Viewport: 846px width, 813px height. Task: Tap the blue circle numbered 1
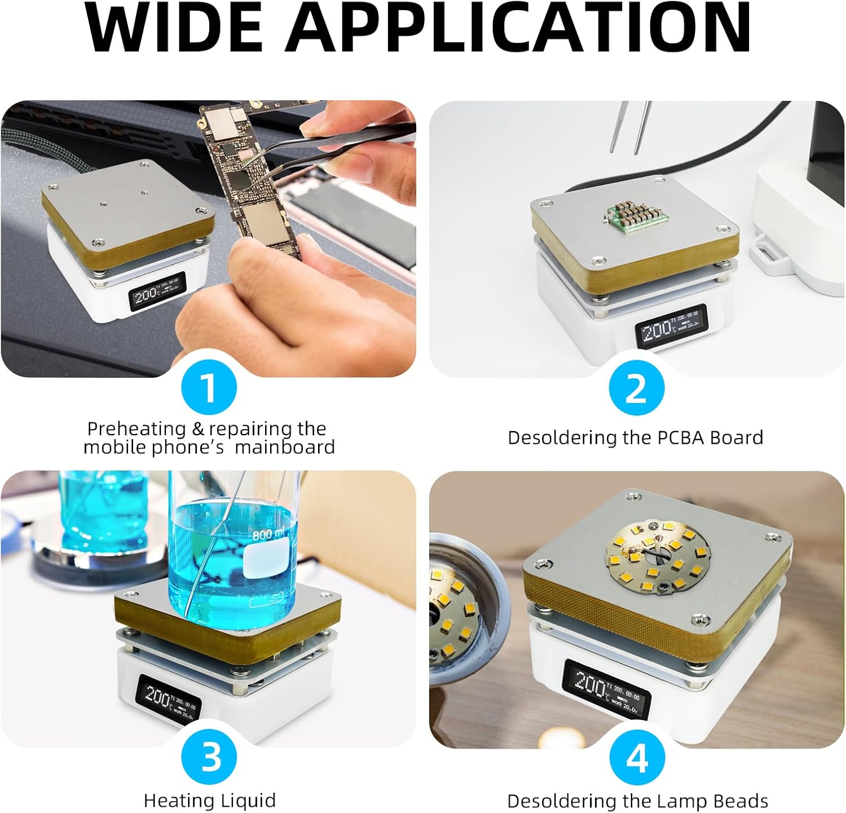(x=209, y=387)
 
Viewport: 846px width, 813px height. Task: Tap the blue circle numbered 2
(x=637, y=387)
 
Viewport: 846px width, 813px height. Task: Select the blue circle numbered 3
(x=210, y=757)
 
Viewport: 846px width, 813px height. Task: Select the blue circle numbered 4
(x=637, y=757)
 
